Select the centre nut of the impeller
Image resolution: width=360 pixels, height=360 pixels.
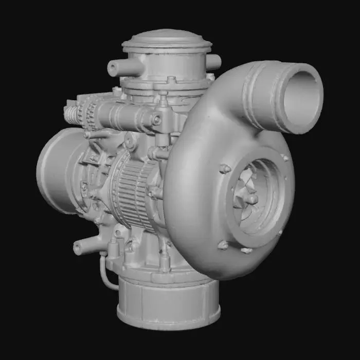(251, 199)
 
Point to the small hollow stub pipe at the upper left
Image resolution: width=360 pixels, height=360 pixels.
(117, 68)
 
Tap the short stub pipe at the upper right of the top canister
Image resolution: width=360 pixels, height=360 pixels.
(213, 62)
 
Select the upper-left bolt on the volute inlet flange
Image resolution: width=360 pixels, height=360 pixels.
(225, 169)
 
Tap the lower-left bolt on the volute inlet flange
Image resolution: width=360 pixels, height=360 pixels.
(222, 245)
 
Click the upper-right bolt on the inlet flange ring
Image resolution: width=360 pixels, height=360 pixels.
(284, 157)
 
